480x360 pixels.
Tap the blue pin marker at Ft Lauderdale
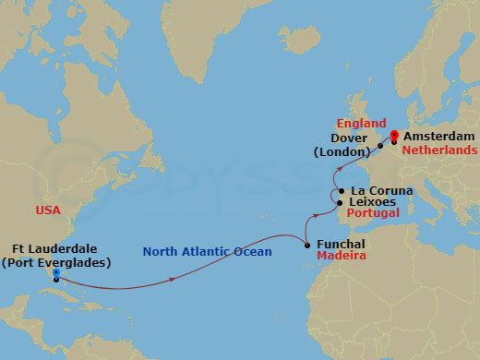tap(57, 274)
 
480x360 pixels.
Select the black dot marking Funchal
tap(307, 245)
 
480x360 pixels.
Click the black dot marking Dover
tap(380, 146)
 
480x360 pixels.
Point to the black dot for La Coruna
tap(341, 191)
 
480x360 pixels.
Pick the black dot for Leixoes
tap(340, 201)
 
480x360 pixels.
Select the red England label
tap(362, 123)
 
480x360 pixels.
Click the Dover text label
tap(352, 139)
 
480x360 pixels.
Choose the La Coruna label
tap(381, 191)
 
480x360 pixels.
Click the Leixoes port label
tap(375, 201)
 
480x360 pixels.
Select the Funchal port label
tap(341, 245)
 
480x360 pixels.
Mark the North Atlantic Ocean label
tap(207, 252)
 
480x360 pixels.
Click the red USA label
tap(48, 210)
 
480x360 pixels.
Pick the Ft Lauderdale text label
tap(56, 248)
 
